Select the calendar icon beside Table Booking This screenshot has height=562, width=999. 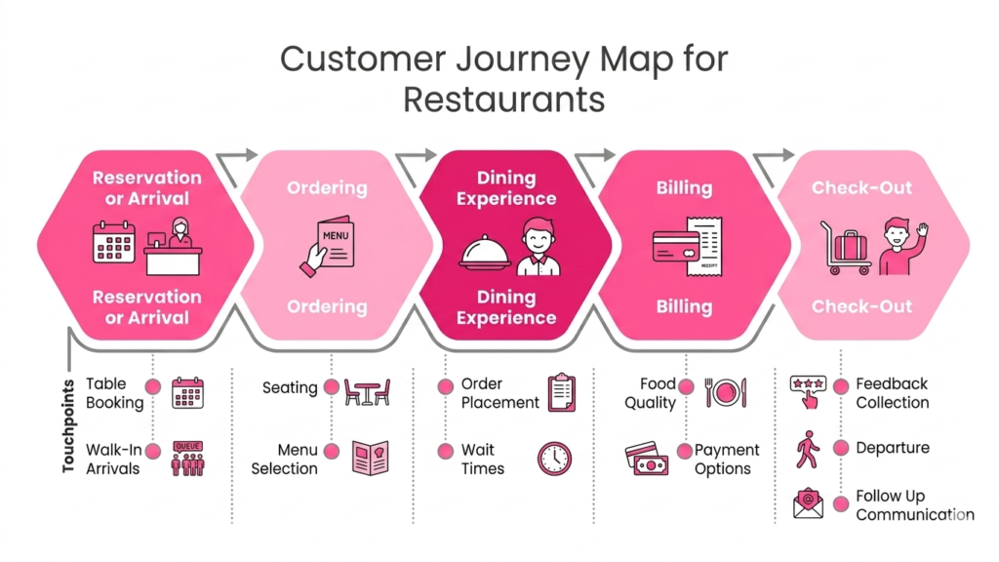click(187, 392)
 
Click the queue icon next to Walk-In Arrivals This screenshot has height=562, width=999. click(187, 458)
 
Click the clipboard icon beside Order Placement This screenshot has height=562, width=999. click(562, 392)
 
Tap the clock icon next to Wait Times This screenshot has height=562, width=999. click(554, 458)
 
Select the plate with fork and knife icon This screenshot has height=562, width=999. click(726, 392)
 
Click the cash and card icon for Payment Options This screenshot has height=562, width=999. click(645, 458)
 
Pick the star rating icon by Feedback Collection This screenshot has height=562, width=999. click(808, 391)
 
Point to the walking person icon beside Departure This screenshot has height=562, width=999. click(808, 448)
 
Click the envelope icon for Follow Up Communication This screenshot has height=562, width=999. click(809, 503)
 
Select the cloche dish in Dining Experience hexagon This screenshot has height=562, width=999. click(485, 253)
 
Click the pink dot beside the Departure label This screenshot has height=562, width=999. click(841, 448)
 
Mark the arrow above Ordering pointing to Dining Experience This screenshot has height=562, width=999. click(418, 159)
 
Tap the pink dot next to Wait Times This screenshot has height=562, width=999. click(445, 451)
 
